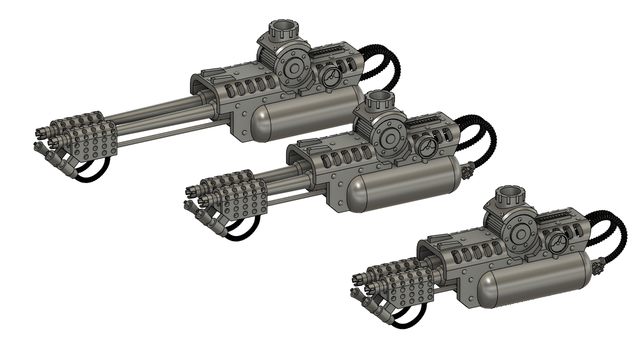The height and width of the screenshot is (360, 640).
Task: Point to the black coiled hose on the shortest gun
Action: coord(612,230)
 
